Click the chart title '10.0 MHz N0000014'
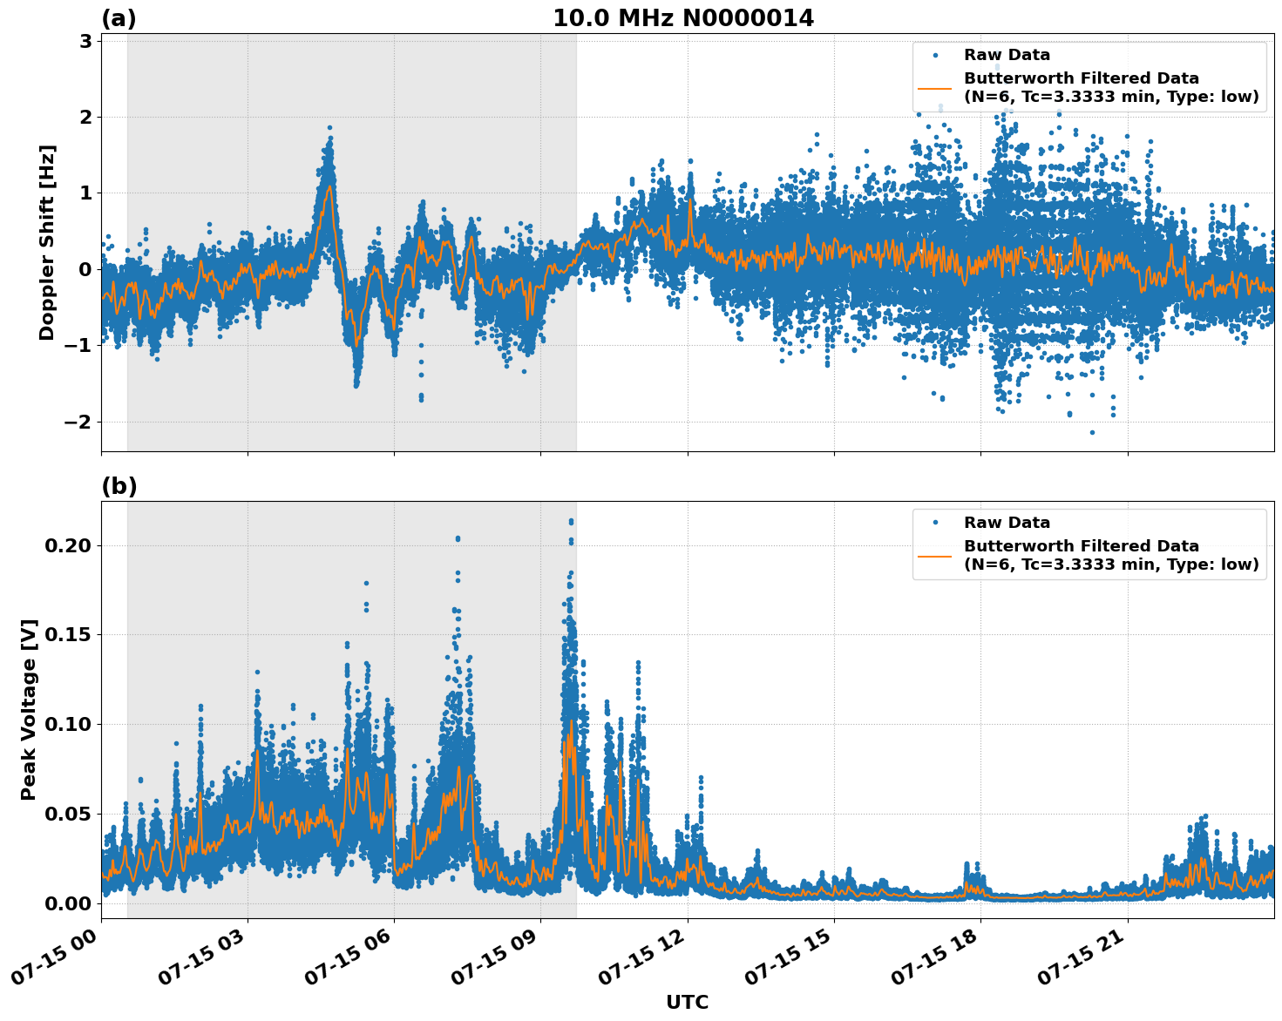click(x=683, y=18)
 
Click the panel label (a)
click(x=119, y=18)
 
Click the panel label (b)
click(x=119, y=486)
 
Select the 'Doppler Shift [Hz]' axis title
click(x=47, y=242)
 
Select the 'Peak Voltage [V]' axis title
click(x=29, y=709)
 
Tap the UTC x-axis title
click(x=687, y=1002)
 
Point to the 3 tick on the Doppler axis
click(x=85, y=41)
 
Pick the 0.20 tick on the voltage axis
click(x=67, y=545)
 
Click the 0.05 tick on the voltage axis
click(x=67, y=814)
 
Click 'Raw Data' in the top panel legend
click(x=1007, y=55)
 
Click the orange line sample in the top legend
click(x=934, y=87)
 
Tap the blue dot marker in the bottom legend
click(x=934, y=523)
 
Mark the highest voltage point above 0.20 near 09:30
click(x=571, y=521)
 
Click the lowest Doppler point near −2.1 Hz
click(x=1092, y=432)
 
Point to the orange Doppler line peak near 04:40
click(x=329, y=186)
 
